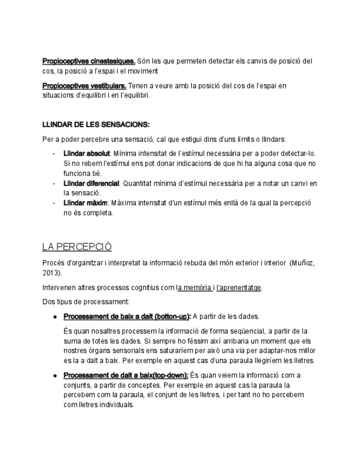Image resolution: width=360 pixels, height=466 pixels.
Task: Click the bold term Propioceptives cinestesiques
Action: click(88, 61)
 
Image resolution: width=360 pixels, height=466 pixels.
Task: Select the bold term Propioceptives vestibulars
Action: click(84, 86)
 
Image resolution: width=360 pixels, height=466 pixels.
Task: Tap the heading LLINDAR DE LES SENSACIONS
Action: click(96, 125)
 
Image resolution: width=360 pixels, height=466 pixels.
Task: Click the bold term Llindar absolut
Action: click(87, 153)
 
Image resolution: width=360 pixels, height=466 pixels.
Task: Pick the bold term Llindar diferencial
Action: click(91, 183)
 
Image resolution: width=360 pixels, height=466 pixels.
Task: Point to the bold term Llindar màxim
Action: click(85, 203)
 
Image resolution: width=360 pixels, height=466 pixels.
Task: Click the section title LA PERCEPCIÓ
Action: click(77, 246)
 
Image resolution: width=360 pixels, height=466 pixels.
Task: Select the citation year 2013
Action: click(51, 273)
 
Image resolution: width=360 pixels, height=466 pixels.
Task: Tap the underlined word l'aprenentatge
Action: click(239, 287)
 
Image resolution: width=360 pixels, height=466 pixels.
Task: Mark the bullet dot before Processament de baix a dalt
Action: click(56, 317)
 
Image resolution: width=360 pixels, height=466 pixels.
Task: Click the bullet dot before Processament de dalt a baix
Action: click(56, 376)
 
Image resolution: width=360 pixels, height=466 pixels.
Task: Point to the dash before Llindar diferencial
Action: click(54, 183)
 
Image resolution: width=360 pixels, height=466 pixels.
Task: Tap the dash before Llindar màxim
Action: click(54, 203)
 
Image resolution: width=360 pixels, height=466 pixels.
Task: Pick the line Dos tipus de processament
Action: click(86, 302)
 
